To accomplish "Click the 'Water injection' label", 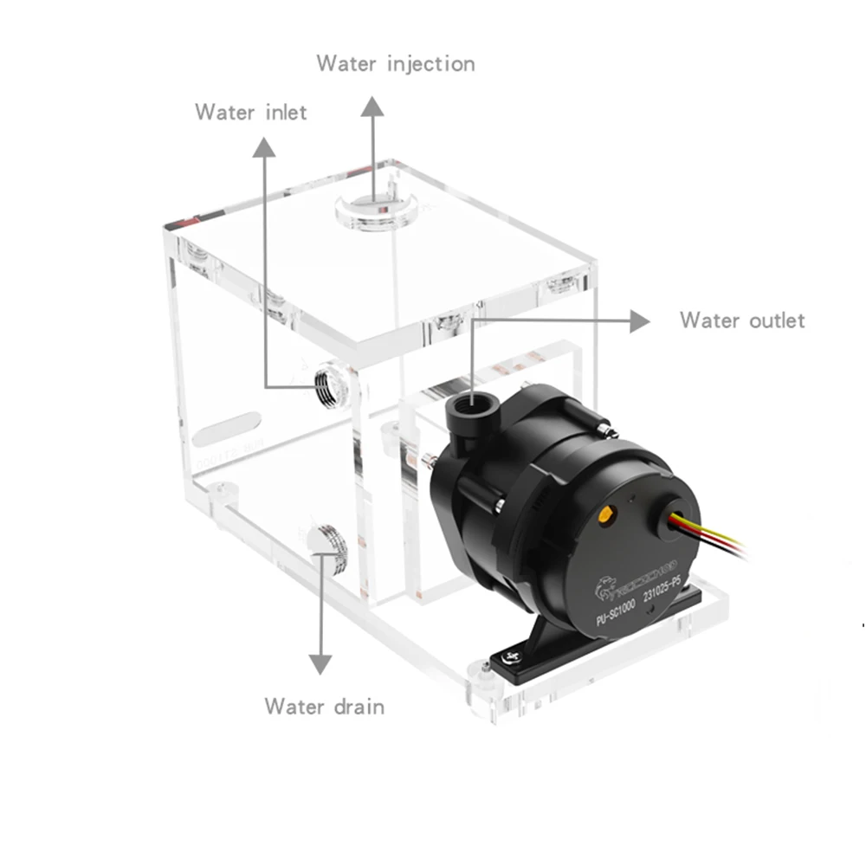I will point(395,63).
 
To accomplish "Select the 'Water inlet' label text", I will point(250,112).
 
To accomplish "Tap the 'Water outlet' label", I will point(741,320).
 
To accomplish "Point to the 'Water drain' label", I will point(324,706).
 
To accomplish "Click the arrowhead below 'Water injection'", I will point(373,107).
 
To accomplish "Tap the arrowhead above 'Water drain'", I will point(321,663).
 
